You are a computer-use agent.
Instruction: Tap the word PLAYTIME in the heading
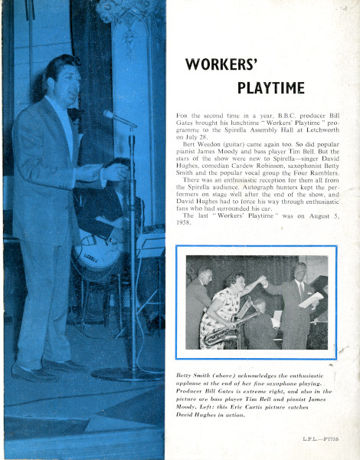pos(270,87)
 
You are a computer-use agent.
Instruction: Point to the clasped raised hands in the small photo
pos(263,282)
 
